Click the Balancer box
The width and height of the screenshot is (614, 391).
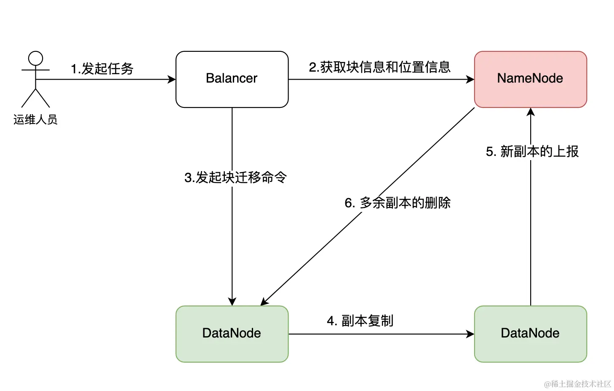[x=232, y=79]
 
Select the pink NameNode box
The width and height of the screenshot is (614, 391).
[x=530, y=79]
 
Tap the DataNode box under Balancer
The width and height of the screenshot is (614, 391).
[x=232, y=334]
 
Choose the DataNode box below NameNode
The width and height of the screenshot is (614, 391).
[x=530, y=334]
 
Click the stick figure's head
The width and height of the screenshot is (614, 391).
[x=36, y=59]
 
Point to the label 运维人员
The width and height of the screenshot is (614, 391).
[x=35, y=120]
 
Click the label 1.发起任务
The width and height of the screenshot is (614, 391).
[x=102, y=69]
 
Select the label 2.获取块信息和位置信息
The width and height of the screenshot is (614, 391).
[x=379, y=67]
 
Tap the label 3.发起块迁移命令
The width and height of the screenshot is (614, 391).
[x=235, y=177]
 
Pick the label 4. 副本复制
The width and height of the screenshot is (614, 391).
[x=360, y=321]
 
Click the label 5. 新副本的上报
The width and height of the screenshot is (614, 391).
[x=532, y=152]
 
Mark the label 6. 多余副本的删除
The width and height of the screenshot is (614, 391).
[x=398, y=203]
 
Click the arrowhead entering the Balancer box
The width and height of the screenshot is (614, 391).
[x=172, y=79]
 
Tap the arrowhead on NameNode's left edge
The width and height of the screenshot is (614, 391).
[x=470, y=79]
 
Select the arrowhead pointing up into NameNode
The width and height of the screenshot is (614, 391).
[x=531, y=112]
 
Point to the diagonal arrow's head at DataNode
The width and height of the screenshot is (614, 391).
[x=264, y=302]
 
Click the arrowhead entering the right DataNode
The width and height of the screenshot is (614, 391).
[x=470, y=334]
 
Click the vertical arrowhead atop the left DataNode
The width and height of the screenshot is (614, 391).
[x=232, y=302]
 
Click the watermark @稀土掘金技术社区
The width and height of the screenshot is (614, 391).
[x=577, y=384]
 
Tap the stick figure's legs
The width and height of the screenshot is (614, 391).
[x=36, y=99]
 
